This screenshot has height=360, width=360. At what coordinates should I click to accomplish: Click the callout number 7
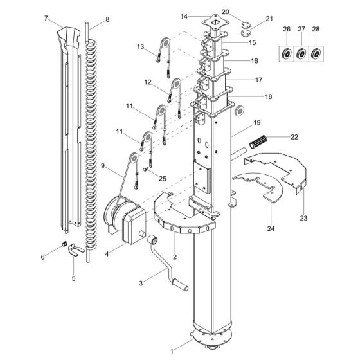click(46, 18)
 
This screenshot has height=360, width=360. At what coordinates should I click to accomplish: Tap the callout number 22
click(294, 137)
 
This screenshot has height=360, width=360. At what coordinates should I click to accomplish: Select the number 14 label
click(184, 17)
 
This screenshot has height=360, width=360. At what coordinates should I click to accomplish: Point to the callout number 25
click(163, 179)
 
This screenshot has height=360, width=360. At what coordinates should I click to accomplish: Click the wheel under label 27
click(301, 54)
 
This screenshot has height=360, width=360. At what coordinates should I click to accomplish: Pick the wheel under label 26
click(287, 54)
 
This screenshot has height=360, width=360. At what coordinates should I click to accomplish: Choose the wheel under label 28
click(316, 54)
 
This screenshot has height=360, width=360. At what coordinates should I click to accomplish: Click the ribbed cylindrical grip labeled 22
click(258, 141)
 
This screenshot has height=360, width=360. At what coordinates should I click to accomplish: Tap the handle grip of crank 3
click(181, 284)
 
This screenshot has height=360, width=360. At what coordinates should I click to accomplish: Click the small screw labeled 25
click(145, 170)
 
